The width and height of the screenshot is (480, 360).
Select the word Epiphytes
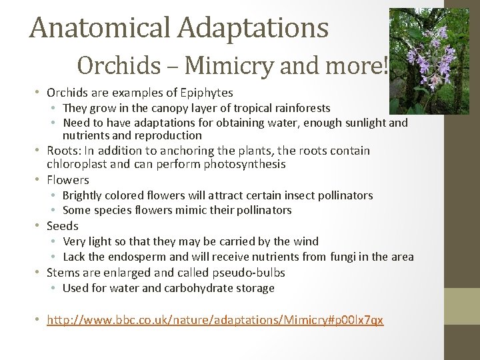pyautogui.click(x=202, y=93)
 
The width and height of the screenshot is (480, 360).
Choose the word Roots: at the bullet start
pyautogui.click(x=65, y=151)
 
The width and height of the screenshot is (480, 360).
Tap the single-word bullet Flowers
pyautogui.click(x=67, y=180)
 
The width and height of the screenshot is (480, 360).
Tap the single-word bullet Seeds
pyautogui.click(x=63, y=226)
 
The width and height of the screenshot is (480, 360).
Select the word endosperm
pyautogui.click(x=141, y=257)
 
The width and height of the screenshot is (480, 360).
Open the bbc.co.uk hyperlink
pyautogui.click(x=215, y=320)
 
